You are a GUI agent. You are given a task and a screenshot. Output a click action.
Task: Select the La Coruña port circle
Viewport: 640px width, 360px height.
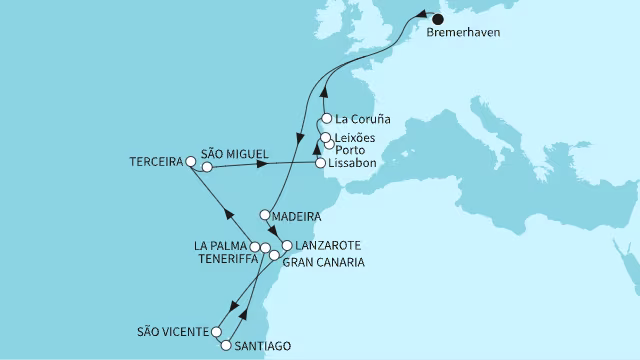[326, 118]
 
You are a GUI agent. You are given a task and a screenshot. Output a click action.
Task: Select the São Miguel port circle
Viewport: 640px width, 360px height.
[207, 168]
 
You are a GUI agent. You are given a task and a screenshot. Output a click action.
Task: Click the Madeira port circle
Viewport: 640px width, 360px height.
[265, 214]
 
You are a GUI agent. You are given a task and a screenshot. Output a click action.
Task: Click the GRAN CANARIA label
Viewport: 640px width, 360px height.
[323, 262]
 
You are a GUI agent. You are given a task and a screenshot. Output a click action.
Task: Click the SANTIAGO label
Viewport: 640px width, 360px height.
[263, 347]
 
